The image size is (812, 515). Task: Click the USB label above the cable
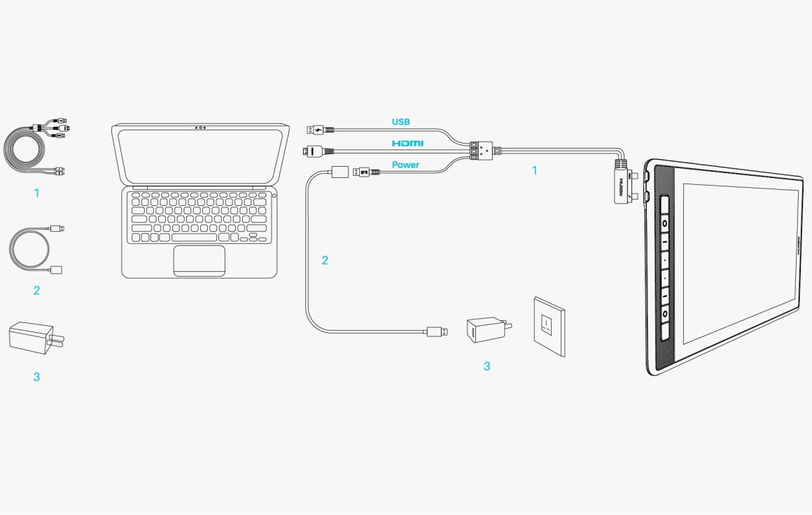(x=400, y=122)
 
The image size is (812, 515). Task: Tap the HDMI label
(x=407, y=143)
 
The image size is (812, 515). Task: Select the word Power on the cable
(x=405, y=165)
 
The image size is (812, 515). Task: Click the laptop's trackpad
(x=199, y=259)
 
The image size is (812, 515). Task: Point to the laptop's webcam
(x=200, y=128)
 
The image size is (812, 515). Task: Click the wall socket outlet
(x=549, y=326)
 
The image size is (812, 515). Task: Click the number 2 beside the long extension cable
(x=324, y=260)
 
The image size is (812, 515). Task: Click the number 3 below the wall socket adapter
(x=486, y=366)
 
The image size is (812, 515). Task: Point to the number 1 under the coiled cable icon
(x=36, y=192)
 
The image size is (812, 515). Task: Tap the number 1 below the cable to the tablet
(x=535, y=170)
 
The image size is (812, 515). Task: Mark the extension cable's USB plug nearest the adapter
(x=437, y=331)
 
